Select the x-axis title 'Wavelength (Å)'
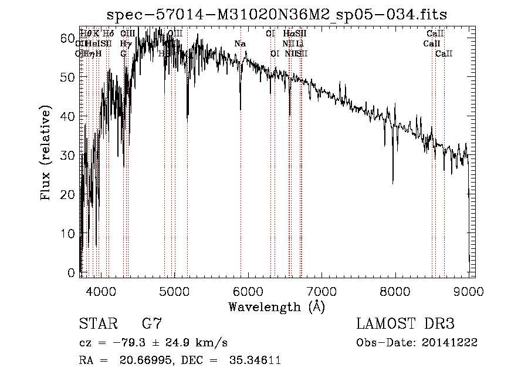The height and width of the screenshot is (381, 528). pyautogui.click(x=276, y=306)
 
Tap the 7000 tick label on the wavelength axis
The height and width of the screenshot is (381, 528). pyautogui.click(x=321, y=291)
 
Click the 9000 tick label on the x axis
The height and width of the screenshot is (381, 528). pyautogui.click(x=468, y=291)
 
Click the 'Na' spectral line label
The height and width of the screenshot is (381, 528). pyautogui.click(x=240, y=44)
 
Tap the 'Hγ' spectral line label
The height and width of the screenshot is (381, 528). pyautogui.click(x=125, y=44)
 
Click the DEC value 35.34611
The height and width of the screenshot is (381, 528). pyautogui.click(x=253, y=360)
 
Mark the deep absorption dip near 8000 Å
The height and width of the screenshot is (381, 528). pyautogui.click(x=393, y=181)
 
